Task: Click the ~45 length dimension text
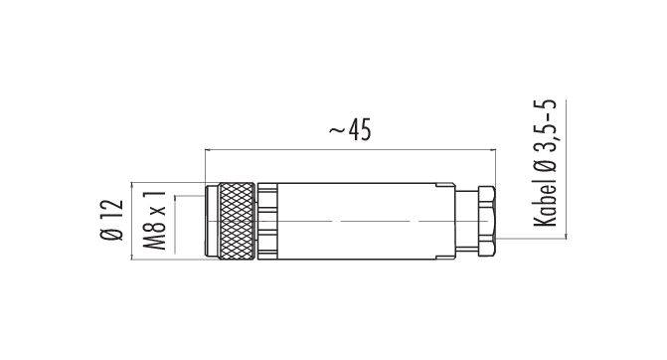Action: click(x=350, y=129)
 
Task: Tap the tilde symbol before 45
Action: click(x=337, y=130)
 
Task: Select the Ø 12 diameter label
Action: click(x=112, y=220)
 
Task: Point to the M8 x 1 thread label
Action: click(x=154, y=220)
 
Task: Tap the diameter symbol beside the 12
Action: click(x=112, y=233)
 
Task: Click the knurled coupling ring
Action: click(x=237, y=221)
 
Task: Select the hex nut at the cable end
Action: click(x=487, y=221)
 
